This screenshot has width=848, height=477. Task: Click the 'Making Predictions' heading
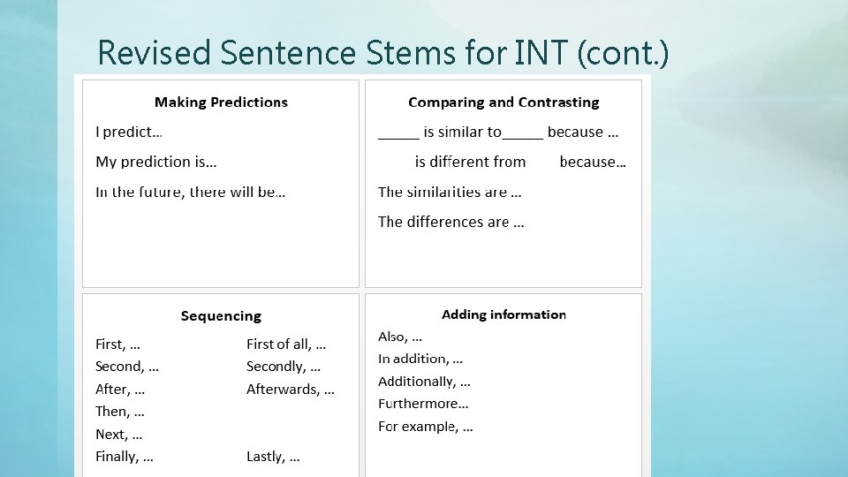pyautogui.click(x=221, y=102)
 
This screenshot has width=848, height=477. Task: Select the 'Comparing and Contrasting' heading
pyautogui.click(x=503, y=102)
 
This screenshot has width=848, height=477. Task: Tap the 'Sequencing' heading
pyautogui.click(x=221, y=316)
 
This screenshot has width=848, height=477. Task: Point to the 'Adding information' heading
pyautogui.click(x=503, y=314)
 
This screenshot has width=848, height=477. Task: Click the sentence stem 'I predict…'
pyautogui.click(x=129, y=132)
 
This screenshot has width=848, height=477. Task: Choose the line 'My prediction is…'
pyautogui.click(x=156, y=163)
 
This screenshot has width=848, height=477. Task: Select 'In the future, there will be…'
pyautogui.click(x=190, y=192)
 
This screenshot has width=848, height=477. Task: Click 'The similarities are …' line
pyautogui.click(x=450, y=192)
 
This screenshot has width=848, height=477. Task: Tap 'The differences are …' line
pyautogui.click(x=450, y=222)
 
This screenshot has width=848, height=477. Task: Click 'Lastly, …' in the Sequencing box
pyautogui.click(x=273, y=457)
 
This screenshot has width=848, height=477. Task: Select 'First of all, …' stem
pyautogui.click(x=285, y=344)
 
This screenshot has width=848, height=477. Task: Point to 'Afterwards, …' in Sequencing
pyautogui.click(x=290, y=389)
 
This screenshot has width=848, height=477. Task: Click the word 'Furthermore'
pyautogui.click(x=418, y=404)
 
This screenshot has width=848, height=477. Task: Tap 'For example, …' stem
pyautogui.click(x=425, y=427)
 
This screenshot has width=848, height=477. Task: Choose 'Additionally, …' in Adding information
pyautogui.click(x=424, y=382)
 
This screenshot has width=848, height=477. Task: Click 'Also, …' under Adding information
pyautogui.click(x=400, y=337)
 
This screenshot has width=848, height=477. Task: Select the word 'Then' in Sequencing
pyautogui.click(x=111, y=412)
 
